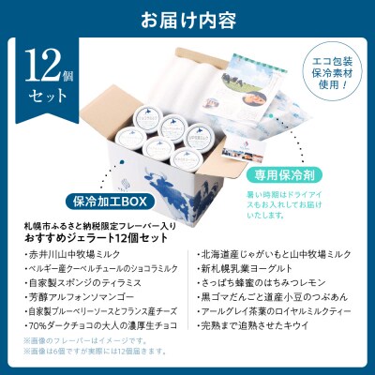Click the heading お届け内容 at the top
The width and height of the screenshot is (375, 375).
click(187, 18)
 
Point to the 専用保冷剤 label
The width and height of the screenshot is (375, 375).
click(301, 172)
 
